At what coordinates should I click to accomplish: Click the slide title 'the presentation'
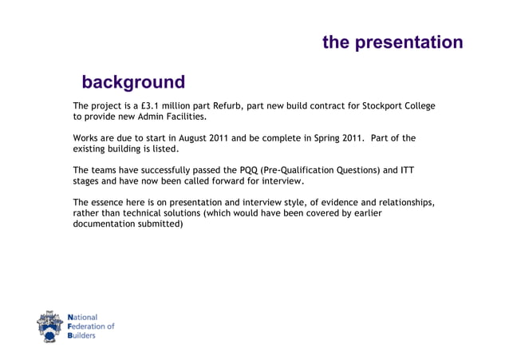tap(392, 42)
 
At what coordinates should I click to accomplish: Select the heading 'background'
tap(133, 82)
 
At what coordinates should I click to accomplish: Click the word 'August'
tap(196, 138)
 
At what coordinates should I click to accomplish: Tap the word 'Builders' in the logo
tap(84, 336)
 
